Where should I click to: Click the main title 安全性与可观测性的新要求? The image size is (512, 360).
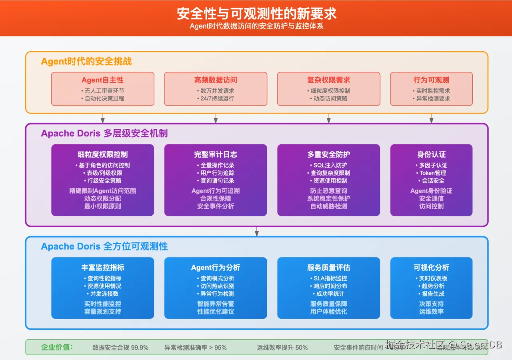point(256,14)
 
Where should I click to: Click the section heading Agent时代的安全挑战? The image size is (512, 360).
point(86,61)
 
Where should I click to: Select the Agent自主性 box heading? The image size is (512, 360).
point(103,80)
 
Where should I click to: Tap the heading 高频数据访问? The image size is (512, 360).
point(216,80)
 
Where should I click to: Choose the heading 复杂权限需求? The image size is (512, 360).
point(328,80)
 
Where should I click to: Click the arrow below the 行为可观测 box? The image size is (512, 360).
point(431,118)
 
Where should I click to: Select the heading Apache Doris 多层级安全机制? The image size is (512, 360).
point(104,133)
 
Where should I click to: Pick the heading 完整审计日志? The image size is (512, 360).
point(216,154)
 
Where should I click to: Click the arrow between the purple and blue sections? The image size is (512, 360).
point(257,232)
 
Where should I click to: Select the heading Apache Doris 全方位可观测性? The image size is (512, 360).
point(104,246)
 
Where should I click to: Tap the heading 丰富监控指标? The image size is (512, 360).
point(103,268)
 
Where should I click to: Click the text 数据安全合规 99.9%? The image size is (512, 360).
point(120,348)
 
